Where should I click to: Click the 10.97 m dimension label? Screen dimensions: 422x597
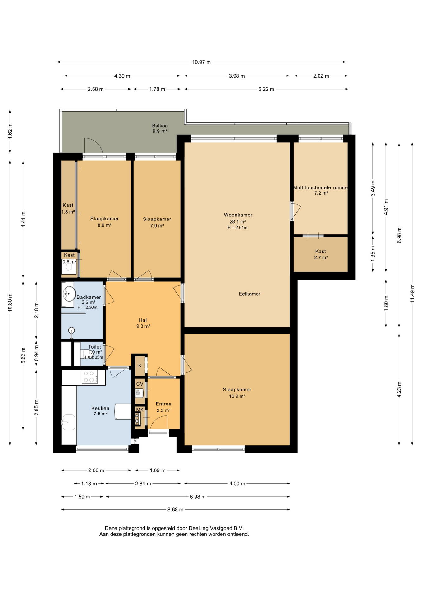pyautogui.click(x=201, y=62)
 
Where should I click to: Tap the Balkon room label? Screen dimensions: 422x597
pyautogui.click(x=160, y=126)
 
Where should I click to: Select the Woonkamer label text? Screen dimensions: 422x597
pyautogui.click(x=238, y=215)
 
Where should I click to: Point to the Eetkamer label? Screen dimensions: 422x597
pyautogui.click(x=250, y=294)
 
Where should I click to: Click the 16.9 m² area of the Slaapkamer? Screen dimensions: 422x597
pyautogui.click(x=237, y=396)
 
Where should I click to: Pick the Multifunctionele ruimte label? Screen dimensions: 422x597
pyautogui.click(x=320, y=187)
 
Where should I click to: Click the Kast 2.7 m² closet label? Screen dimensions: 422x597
pyautogui.click(x=321, y=254)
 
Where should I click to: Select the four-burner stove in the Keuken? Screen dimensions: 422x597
pyautogui.click(x=89, y=377)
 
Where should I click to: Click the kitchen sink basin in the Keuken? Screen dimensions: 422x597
pyautogui.click(x=69, y=422)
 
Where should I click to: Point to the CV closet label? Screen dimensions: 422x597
pyautogui.click(x=140, y=384)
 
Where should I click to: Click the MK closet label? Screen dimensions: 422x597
pyautogui.click(x=140, y=410)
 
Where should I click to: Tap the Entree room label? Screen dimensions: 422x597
pyautogui.click(x=163, y=404)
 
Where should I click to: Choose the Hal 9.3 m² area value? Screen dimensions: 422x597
pyautogui.click(x=143, y=326)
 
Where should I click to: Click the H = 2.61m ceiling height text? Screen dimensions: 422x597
pyautogui.click(x=237, y=228)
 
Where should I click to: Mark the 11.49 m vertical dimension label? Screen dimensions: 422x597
pyautogui.click(x=412, y=294)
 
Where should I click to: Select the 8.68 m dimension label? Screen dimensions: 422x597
pyautogui.click(x=175, y=510)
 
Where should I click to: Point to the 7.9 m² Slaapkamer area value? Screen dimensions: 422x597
pyautogui.click(x=157, y=226)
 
